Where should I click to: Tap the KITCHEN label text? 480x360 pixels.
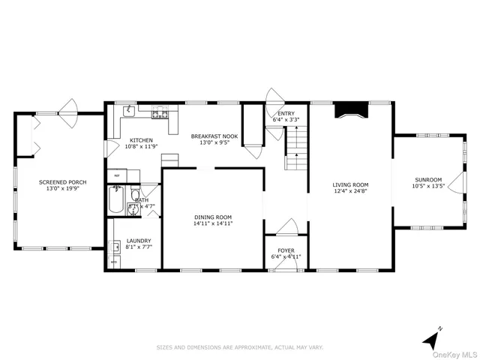pyautogui.click(x=141, y=140)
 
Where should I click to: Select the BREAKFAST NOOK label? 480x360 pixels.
pyautogui.click(x=214, y=136)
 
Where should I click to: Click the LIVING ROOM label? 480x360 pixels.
pyautogui.click(x=350, y=184)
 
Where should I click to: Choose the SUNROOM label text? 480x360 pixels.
pyautogui.click(x=429, y=180)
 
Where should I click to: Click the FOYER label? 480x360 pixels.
pyautogui.click(x=286, y=250)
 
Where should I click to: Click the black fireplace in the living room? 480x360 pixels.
pyautogui.click(x=351, y=111)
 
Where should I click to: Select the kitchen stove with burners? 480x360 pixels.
pyautogui.click(x=160, y=114)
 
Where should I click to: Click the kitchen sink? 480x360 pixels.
pyautogui.click(x=128, y=112)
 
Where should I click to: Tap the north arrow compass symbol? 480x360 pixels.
pyautogui.click(x=430, y=339)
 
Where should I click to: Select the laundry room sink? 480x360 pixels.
pyautogui.click(x=116, y=246)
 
